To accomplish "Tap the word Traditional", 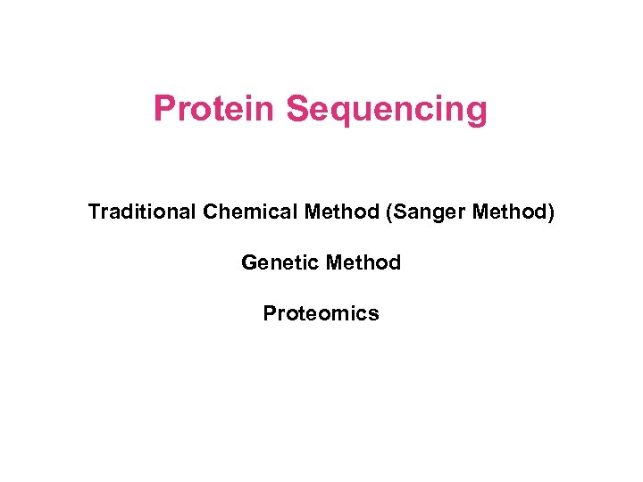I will click(x=142, y=212).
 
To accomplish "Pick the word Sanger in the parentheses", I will click(x=423, y=213).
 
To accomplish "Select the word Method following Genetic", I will click(x=363, y=262).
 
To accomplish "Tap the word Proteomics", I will click(x=321, y=313).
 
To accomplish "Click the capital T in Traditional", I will click(x=94, y=212).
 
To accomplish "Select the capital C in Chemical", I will click(x=211, y=212).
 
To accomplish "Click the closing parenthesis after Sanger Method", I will click(x=551, y=212).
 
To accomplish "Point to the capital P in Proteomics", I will click(x=269, y=313).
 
